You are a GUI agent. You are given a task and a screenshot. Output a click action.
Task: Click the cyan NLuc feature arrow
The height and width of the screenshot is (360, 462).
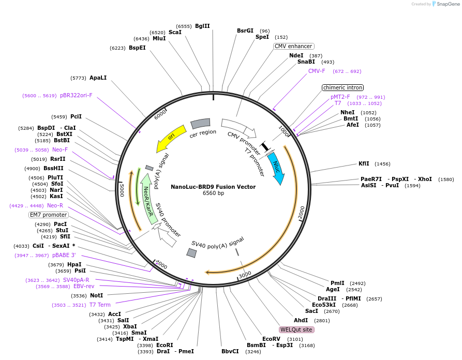(x=277, y=168)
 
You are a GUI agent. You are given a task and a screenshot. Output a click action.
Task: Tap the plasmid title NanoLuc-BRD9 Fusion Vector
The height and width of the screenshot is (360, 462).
(x=213, y=187)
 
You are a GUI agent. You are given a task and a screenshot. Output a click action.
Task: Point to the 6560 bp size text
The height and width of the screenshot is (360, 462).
(x=213, y=193)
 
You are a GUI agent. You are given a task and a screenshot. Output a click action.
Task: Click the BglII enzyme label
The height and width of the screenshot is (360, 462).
(x=202, y=26)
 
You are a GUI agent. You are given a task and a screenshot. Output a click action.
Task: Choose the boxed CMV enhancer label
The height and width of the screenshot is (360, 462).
(x=293, y=46)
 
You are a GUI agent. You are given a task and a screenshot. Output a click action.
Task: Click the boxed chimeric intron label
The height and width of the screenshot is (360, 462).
(x=342, y=87)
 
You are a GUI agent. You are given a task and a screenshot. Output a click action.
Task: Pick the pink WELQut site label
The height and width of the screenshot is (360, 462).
(x=296, y=329)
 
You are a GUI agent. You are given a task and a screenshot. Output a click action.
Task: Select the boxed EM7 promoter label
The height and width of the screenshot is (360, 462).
(x=49, y=215)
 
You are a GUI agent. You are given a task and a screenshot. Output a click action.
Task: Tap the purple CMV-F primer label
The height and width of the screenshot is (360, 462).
(x=317, y=71)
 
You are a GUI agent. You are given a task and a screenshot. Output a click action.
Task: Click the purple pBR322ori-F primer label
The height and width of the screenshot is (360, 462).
(x=76, y=95)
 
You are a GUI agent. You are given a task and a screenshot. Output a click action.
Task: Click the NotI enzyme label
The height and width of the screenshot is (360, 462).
(x=96, y=296)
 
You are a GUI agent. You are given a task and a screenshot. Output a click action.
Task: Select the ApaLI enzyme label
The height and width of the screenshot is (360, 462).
(x=98, y=78)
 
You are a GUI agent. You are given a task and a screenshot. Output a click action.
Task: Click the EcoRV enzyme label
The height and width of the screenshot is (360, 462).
(x=271, y=339)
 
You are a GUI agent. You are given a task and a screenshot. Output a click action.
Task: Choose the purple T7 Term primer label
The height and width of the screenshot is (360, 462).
(x=100, y=305)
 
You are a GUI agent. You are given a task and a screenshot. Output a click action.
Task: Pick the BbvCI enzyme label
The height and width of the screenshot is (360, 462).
(x=230, y=351)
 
